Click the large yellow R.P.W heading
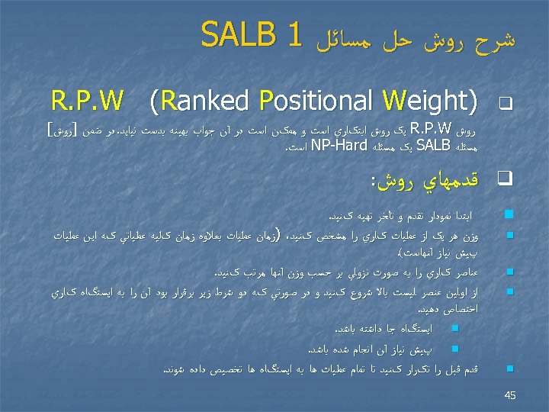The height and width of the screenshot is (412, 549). pyautogui.click(x=88, y=101)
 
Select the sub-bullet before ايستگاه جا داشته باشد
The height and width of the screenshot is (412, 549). pyautogui.click(x=455, y=330)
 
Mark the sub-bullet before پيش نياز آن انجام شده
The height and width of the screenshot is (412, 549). pyautogui.click(x=455, y=349)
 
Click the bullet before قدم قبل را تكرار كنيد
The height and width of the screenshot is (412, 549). pyautogui.click(x=508, y=369)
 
